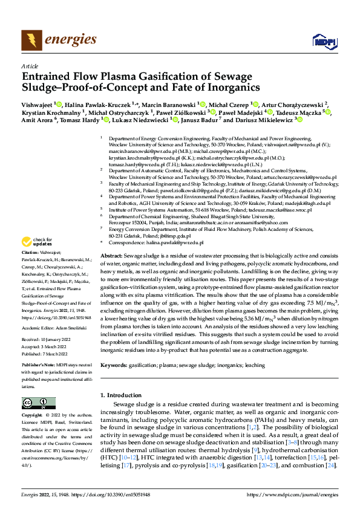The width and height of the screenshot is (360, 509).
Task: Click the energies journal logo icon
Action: [x=28, y=41]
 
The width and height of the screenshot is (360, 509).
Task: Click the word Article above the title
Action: [x=29, y=66]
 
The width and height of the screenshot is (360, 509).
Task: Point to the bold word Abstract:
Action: [x=113, y=256]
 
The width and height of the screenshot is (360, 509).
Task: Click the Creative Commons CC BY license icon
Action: [x=34, y=403]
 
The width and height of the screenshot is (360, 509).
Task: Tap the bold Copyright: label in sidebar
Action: [x=33, y=416]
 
